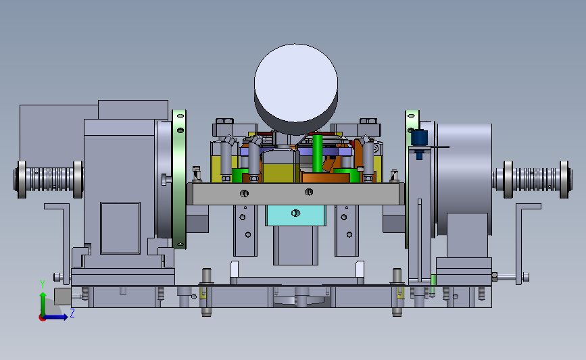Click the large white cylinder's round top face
[295, 83]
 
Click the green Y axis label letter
[43, 284]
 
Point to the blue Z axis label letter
[72, 313]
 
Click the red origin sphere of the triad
[42, 317]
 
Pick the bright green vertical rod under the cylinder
[317, 153]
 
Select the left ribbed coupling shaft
[48, 179]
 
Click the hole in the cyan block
[295, 213]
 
